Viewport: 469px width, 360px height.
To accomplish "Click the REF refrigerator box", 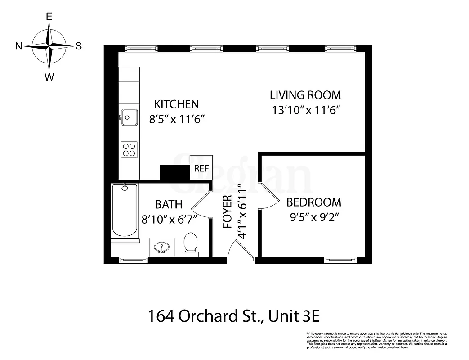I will (x=201, y=168).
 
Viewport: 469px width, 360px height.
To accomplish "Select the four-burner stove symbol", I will (x=129, y=149).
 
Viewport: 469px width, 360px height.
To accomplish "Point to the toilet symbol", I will (x=191, y=245).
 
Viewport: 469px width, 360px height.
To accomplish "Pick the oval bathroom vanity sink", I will (x=161, y=247).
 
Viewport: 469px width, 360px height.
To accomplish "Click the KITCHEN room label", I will (x=176, y=104).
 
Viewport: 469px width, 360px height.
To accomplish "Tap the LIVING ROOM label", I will (x=305, y=95).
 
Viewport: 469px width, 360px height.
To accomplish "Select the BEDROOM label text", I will (x=314, y=202).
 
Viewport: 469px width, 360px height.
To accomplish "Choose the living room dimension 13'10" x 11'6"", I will (x=305, y=110).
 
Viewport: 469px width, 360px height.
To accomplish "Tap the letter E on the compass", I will (x=49, y=17).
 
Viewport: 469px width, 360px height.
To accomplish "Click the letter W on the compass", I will (x=49, y=77).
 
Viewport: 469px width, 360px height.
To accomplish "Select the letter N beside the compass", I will (x=19, y=46).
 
